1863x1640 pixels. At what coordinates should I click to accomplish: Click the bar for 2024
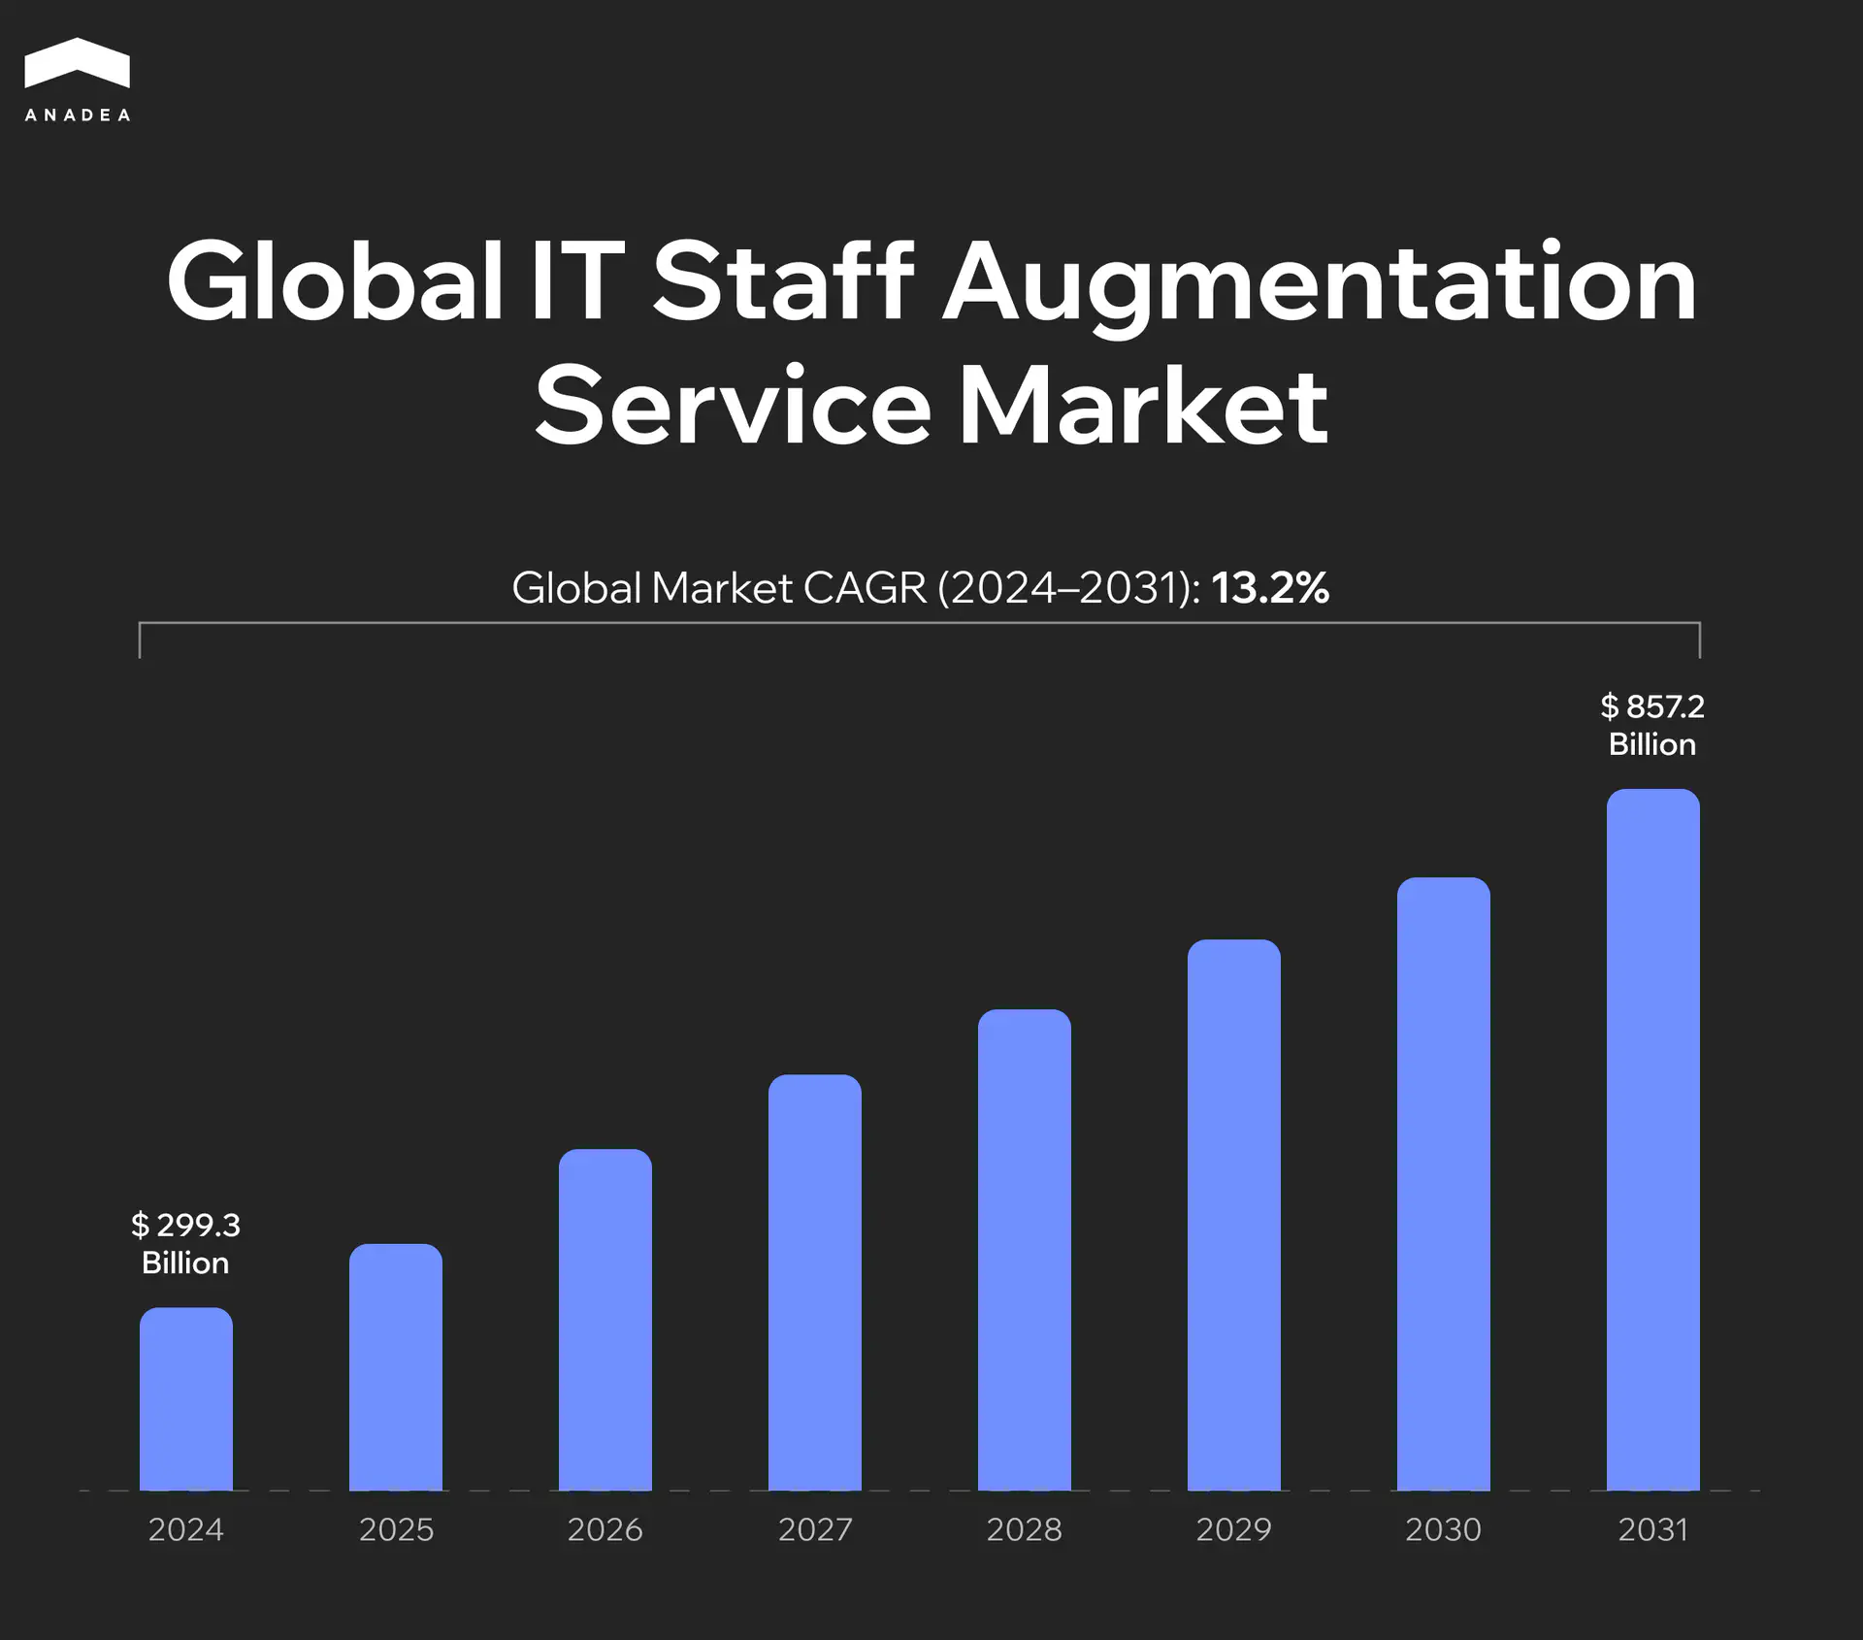coord(185,1399)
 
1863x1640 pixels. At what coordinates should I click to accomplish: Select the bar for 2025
coord(395,1367)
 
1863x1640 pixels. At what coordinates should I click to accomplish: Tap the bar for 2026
coord(605,1320)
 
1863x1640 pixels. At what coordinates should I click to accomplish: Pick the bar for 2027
coord(814,1283)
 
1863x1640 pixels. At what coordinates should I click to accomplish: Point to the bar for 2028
coord(1024,1250)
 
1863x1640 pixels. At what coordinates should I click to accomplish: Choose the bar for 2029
coord(1233,1215)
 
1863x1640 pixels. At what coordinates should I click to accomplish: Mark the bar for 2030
coord(1443,1184)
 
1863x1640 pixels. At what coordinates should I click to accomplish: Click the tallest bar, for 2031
coord(1652,1140)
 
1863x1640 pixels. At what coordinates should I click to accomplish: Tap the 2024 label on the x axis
coord(185,1529)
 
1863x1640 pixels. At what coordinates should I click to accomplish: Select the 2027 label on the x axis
coord(814,1529)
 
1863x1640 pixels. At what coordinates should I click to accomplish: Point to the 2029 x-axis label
coord(1233,1529)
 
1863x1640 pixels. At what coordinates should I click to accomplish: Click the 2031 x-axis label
coord(1652,1529)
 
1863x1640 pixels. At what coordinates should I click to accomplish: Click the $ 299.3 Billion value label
coord(185,1243)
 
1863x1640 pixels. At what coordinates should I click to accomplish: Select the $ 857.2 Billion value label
coord(1652,725)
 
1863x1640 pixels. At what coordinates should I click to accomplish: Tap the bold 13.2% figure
coord(1269,588)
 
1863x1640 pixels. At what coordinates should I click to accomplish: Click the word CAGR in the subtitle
coord(865,588)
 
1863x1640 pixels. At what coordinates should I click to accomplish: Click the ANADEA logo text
coord(77,115)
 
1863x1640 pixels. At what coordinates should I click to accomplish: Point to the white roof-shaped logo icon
coord(77,64)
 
